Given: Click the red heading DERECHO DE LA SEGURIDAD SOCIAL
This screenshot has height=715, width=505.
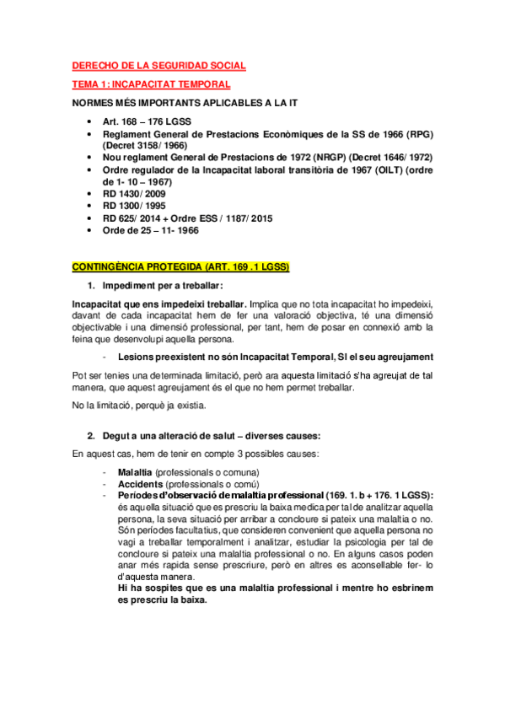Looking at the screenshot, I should [x=158, y=66].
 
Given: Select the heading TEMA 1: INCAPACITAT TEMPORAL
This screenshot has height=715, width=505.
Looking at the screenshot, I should [x=151, y=84].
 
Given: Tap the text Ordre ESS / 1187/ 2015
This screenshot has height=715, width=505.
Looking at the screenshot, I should [x=229, y=218].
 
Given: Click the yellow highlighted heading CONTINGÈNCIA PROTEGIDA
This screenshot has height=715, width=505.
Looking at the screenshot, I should [x=180, y=267].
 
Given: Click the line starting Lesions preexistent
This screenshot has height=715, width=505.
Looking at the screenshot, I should [x=276, y=357].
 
